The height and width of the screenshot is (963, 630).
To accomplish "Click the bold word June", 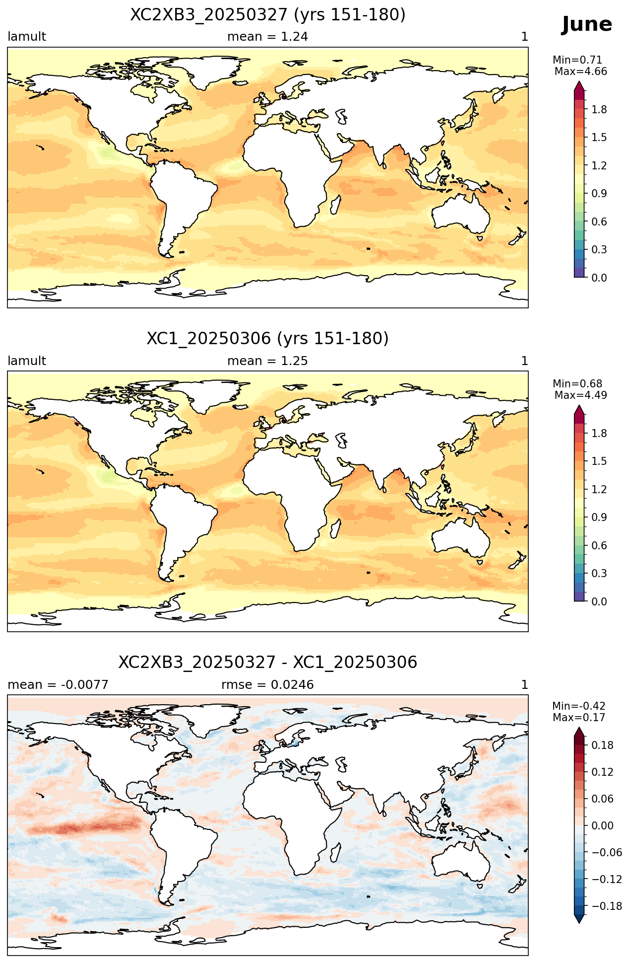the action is click(x=587, y=25).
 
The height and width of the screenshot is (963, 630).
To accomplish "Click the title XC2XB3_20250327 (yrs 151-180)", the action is click(x=268, y=15).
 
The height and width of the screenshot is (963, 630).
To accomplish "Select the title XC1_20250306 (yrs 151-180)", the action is click(x=268, y=339).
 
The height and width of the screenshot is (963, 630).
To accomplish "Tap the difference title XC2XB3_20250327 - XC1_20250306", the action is click(x=268, y=663).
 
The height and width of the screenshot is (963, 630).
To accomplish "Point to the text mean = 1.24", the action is click(x=268, y=37).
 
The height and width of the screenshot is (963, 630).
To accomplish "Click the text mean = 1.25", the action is click(x=268, y=361).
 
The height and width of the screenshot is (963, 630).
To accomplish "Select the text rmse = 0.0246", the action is click(x=268, y=685).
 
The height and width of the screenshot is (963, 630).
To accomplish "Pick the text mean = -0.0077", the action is click(x=58, y=685).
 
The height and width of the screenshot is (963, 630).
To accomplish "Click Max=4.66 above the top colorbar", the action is click(x=580, y=72).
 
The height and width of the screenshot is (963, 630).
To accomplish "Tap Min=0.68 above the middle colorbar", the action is click(x=577, y=384).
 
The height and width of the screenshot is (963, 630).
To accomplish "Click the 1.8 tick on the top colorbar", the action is click(x=599, y=110).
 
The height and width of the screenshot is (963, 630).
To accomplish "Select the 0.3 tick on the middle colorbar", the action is click(x=599, y=574).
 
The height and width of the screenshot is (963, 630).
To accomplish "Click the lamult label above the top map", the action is click(x=27, y=37).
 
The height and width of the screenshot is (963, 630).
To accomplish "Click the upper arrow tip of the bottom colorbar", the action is click(x=579, y=728).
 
